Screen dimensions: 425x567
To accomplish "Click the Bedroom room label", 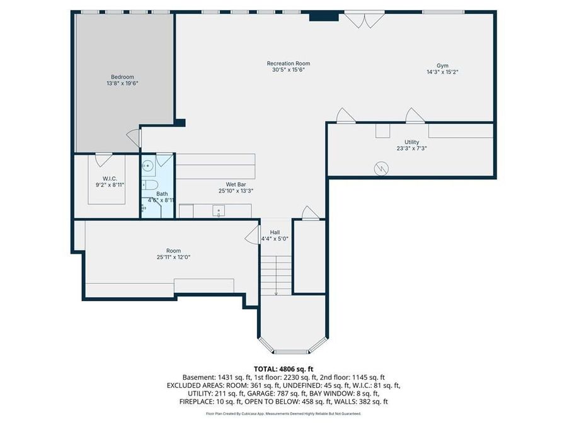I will click(x=122, y=77).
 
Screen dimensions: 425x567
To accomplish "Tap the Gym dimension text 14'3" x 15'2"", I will click(x=442, y=72).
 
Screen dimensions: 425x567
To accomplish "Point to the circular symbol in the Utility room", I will click(x=381, y=168).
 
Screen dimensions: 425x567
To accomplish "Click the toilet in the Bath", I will click(x=149, y=184).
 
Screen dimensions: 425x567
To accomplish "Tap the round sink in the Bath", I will click(x=147, y=166).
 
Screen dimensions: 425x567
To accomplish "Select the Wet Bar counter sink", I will click(x=219, y=211).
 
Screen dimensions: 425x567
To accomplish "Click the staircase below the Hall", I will click(x=276, y=275).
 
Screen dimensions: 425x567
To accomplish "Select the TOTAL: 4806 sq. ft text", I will click(x=283, y=368).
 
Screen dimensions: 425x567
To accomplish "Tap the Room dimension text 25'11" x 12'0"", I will click(x=173, y=257).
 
